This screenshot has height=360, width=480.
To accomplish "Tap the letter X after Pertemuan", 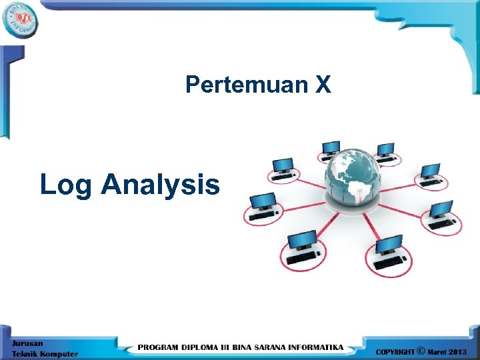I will (x=323, y=85).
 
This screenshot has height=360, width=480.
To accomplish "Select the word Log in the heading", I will (x=65, y=185).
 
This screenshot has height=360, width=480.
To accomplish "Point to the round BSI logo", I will (x=20, y=20).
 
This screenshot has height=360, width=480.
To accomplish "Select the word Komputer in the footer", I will (x=59, y=353).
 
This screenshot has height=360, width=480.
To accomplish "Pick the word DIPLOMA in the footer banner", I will (x=206, y=347).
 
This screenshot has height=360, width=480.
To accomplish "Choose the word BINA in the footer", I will (x=253, y=347).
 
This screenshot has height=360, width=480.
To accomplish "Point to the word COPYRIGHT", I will (x=395, y=351).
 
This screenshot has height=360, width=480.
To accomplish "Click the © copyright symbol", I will (x=421, y=350).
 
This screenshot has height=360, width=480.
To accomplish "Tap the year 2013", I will (x=461, y=351).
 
